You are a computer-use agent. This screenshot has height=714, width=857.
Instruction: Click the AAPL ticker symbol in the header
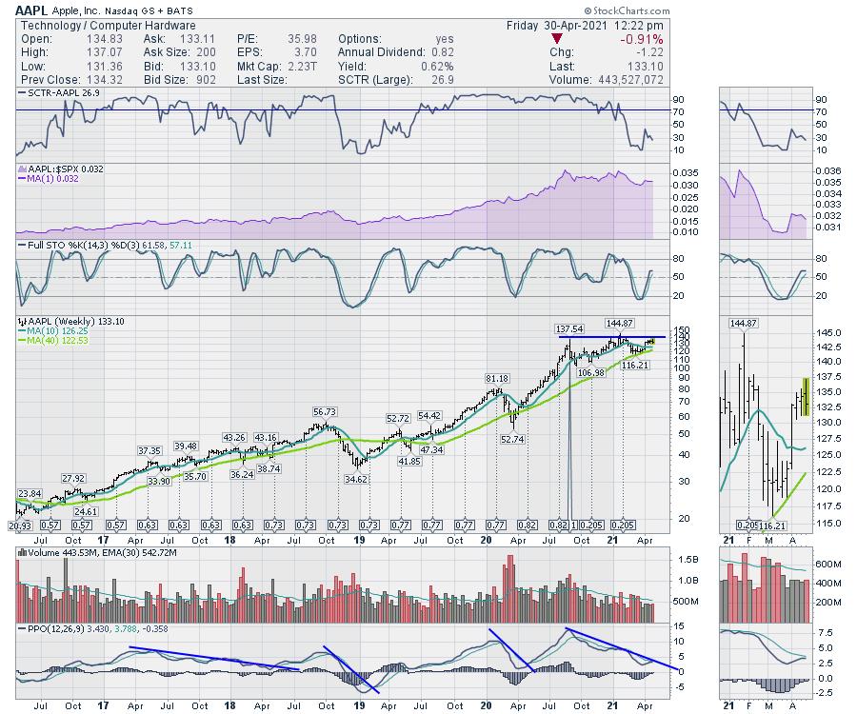[32, 9]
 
